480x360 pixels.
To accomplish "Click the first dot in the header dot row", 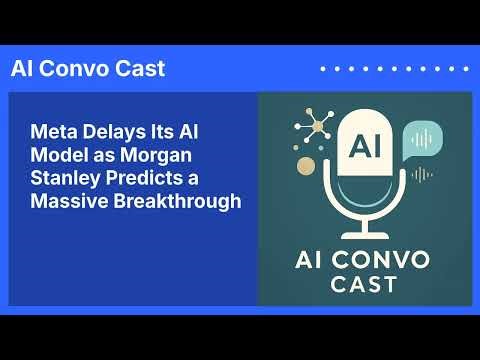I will click(322, 69).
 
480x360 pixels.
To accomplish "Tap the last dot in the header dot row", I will click(466, 69).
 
